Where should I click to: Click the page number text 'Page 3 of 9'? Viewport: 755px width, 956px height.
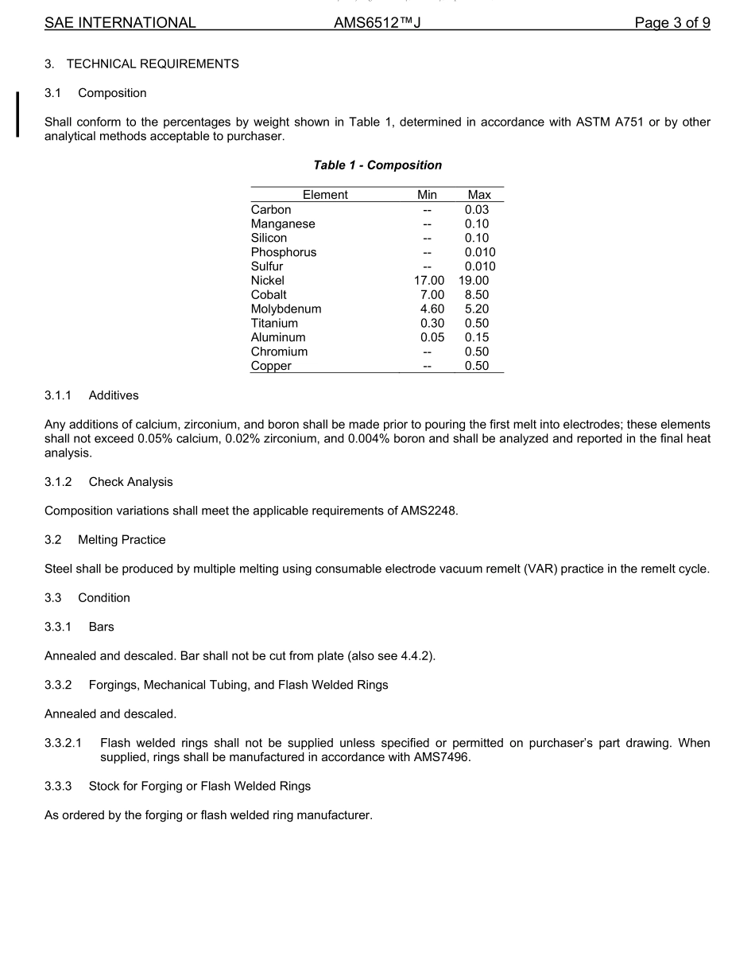[672, 23]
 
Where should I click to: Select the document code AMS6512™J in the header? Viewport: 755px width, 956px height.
[377, 23]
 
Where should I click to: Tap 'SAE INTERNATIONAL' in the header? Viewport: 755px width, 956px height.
[120, 23]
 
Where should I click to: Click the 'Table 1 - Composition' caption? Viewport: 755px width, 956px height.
[377, 165]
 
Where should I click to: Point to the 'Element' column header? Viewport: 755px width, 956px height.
[325, 195]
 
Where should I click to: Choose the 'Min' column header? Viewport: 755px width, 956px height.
[427, 195]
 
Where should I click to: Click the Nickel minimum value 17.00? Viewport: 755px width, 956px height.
[427, 281]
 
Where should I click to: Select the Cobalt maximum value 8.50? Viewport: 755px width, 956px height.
[477, 295]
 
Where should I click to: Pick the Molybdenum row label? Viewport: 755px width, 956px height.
[286, 309]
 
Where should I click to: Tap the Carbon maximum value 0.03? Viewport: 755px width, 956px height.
[477, 210]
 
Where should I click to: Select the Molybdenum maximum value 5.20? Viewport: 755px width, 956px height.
[477, 309]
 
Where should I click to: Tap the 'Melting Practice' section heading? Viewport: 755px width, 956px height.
[122, 540]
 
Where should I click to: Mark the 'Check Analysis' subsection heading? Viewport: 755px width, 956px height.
[130, 482]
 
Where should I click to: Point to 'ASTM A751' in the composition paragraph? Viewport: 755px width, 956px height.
[610, 122]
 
